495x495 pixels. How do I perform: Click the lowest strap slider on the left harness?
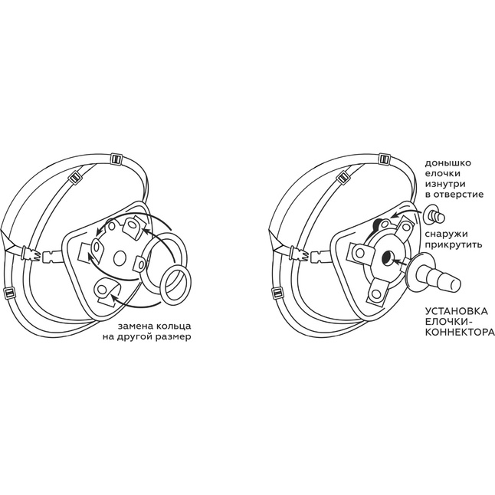click(10, 292)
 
